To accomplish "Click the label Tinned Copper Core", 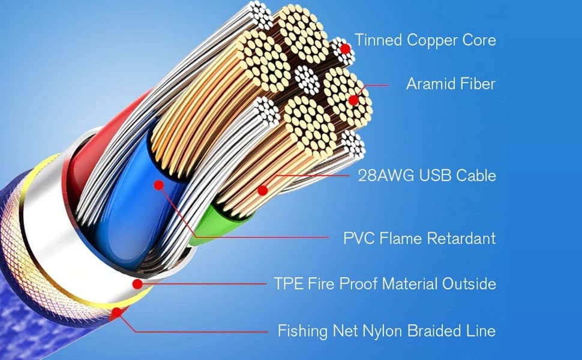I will [x=425, y=40].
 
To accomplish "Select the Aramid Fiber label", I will [x=451, y=83].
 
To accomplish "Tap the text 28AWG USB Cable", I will [x=427, y=176].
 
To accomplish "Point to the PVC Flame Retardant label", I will [x=419, y=238].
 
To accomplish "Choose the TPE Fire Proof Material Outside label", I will [x=385, y=283].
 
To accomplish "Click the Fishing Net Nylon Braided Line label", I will [x=386, y=330].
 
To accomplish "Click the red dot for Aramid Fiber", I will [x=354, y=101].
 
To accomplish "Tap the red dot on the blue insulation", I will [x=159, y=185].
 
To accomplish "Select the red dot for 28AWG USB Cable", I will [x=262, y=191].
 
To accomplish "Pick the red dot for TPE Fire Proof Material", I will [x=137, y=283].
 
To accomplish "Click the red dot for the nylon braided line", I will [x=116, y=312].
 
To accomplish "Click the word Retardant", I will [x=461, y=238].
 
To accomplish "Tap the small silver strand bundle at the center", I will [x=307, y=79].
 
